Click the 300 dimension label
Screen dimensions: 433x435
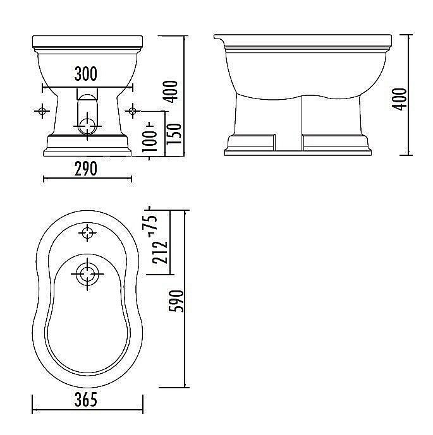86,74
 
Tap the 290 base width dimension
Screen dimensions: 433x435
86,169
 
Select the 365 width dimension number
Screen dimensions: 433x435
86,400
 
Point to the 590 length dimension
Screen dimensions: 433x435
176,301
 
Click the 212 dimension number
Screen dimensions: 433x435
160,252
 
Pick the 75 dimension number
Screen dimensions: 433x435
153,223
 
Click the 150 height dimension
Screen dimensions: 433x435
174,134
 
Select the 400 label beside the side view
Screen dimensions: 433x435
399,99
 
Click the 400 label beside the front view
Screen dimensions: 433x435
170,92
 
